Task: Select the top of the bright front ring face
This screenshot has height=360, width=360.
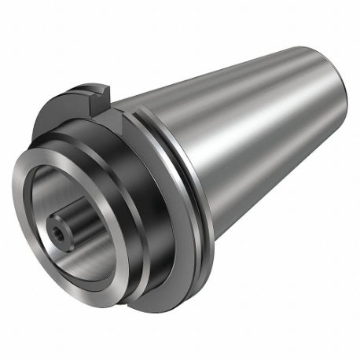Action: pos(63,161)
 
